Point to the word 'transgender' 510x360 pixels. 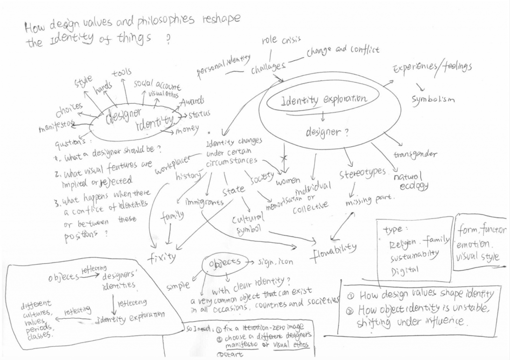point(415,154)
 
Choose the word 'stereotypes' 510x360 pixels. point(363,173)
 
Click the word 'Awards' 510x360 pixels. point(192,102)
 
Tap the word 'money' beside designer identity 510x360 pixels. point(188,131)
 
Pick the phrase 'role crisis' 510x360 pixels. point(281,41)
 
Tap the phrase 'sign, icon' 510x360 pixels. point(274,261)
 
